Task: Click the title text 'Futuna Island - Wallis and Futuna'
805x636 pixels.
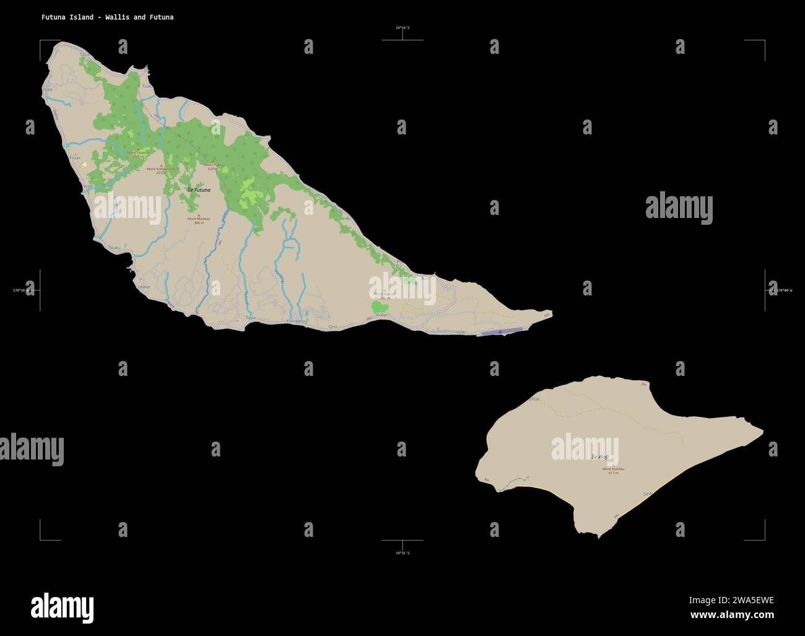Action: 107,17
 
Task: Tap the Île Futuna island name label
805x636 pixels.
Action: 198,189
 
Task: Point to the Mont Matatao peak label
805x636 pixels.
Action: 199,220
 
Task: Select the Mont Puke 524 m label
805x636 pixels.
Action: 214,166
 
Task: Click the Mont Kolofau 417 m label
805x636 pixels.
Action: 613,471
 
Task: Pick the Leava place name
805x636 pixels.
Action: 143,287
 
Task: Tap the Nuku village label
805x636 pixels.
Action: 115,248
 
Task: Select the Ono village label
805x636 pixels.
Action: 333,326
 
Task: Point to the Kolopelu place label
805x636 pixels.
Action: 297,321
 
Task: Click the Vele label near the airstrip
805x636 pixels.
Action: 460,332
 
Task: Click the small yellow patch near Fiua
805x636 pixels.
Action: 84,165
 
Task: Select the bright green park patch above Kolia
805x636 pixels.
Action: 379,306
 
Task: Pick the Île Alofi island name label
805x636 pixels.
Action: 600,456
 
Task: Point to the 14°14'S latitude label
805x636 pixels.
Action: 402,28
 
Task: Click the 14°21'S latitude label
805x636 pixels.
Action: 402,552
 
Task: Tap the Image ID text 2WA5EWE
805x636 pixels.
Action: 731,599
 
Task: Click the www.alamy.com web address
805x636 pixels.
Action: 732,615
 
